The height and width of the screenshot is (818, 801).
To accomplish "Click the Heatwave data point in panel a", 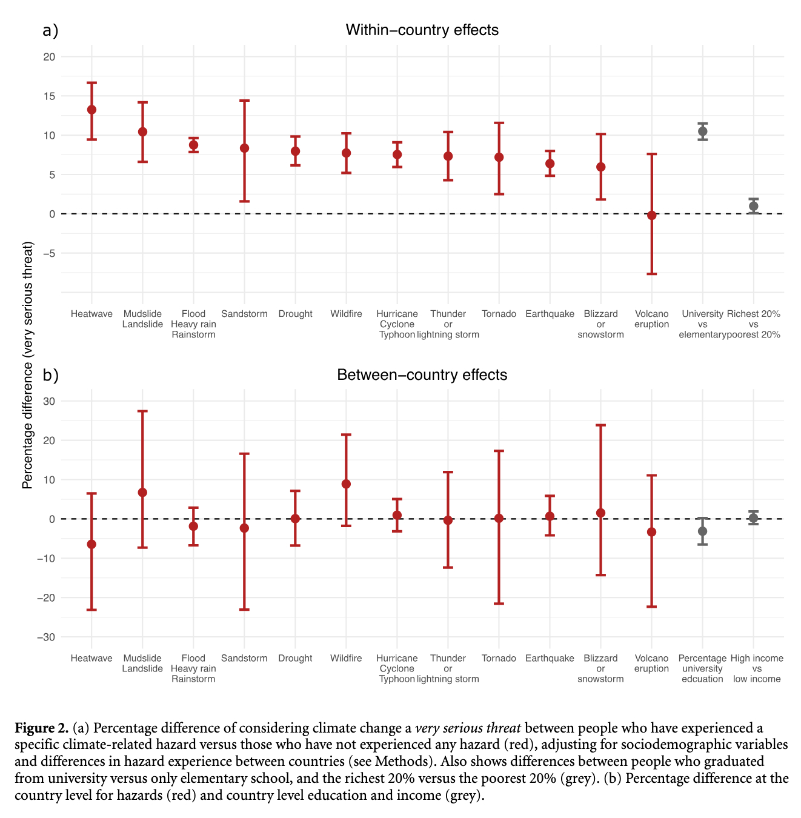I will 91,110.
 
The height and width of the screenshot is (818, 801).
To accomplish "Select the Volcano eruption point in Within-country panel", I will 651,215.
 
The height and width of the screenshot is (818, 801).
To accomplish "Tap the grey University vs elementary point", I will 702,131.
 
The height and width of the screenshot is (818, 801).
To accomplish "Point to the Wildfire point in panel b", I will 346,484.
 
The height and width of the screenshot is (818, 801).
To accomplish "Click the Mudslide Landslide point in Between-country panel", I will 142,493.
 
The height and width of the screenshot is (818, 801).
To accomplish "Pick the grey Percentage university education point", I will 702,531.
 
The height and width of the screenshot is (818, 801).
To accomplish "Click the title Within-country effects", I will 422,30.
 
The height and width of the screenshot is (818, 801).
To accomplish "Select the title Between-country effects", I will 422,375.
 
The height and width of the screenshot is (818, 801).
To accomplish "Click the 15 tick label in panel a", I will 49,96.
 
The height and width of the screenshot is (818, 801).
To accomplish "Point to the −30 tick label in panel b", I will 46,637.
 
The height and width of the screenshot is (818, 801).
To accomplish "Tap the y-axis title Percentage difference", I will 28,365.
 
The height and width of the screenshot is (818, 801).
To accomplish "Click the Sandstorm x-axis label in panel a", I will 244,314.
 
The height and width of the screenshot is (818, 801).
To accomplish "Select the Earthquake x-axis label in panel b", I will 550,659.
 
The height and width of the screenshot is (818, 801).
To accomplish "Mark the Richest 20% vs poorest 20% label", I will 753,324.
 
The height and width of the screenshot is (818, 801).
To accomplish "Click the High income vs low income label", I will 757,668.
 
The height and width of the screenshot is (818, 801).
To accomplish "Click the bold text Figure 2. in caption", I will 41,728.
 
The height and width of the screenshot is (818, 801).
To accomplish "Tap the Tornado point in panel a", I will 499,157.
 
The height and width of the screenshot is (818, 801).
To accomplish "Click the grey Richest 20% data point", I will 753,206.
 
